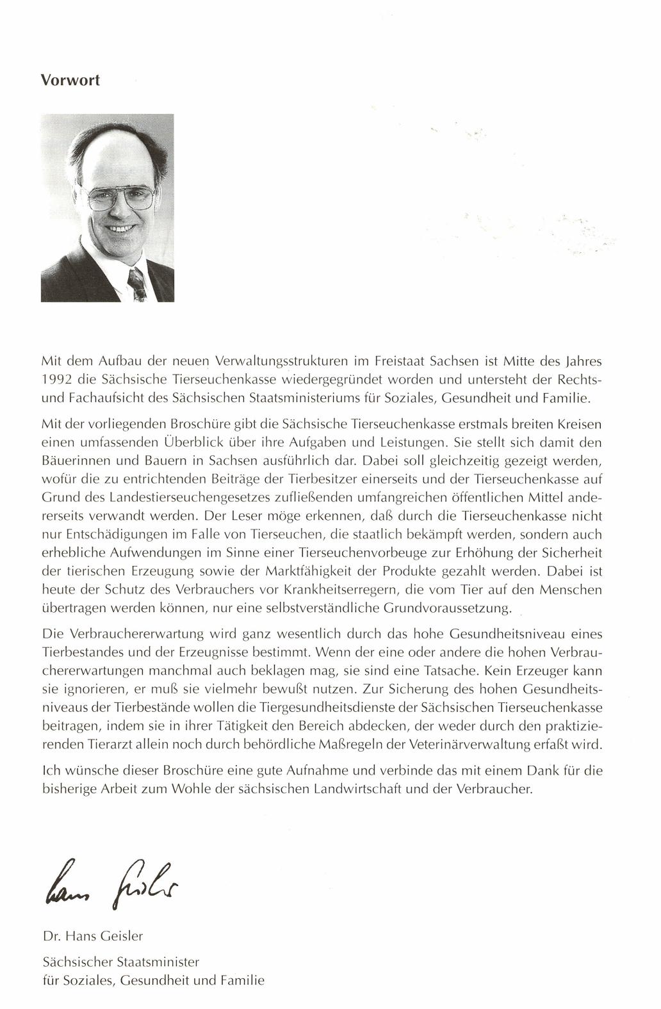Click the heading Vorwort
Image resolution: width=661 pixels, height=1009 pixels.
pos(70,81)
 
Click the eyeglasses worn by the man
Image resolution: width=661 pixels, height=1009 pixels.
pos(120,197)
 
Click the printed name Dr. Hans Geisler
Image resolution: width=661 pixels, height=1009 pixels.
pos(92,935)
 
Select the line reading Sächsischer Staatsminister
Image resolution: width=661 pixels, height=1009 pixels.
pos(120,962)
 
